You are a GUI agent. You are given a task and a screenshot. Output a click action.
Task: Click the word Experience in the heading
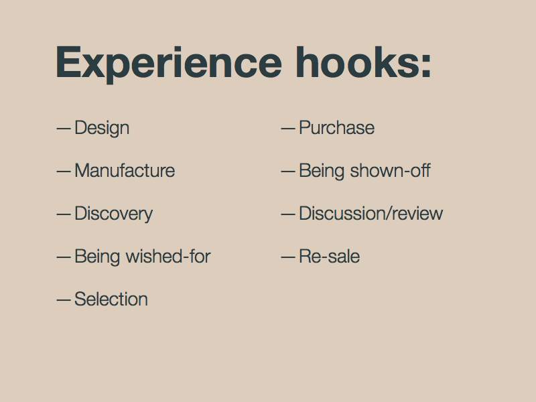click(x=169, y=64)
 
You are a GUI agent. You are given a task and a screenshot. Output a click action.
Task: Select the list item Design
click(x=102, y=129)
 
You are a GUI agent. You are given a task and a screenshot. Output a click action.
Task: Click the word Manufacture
click(x=125, y=170)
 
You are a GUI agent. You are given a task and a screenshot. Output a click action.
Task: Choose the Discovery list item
click(x=113, y=214)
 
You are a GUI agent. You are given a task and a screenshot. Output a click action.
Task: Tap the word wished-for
click(x=168, y=256)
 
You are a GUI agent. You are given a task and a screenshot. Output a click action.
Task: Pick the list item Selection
click(x=111, y=299)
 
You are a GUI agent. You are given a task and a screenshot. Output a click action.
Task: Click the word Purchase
click(x=337, y=127)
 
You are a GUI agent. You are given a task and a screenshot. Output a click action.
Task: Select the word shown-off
click(x=391, y=170)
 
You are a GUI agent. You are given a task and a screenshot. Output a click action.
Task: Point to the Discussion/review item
click(x=371, y=213)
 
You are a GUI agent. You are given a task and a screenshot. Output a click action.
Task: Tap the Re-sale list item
click(x=330, y=256)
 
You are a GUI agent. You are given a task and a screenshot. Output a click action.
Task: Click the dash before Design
click(x=64, y=129)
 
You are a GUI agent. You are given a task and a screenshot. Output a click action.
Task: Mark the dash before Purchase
click(x=288, y=129)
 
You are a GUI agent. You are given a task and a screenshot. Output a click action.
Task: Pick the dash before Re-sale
click(x=288, y=257)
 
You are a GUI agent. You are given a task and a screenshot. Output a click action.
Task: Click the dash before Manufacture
click(x=64, y=172)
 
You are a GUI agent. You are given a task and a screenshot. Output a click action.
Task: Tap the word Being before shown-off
click(x=322, y=171)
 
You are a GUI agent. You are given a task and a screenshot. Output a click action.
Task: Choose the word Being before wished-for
click(x=97, y=257)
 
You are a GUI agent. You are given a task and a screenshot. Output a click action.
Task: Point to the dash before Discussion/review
click(x=288, y=214)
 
